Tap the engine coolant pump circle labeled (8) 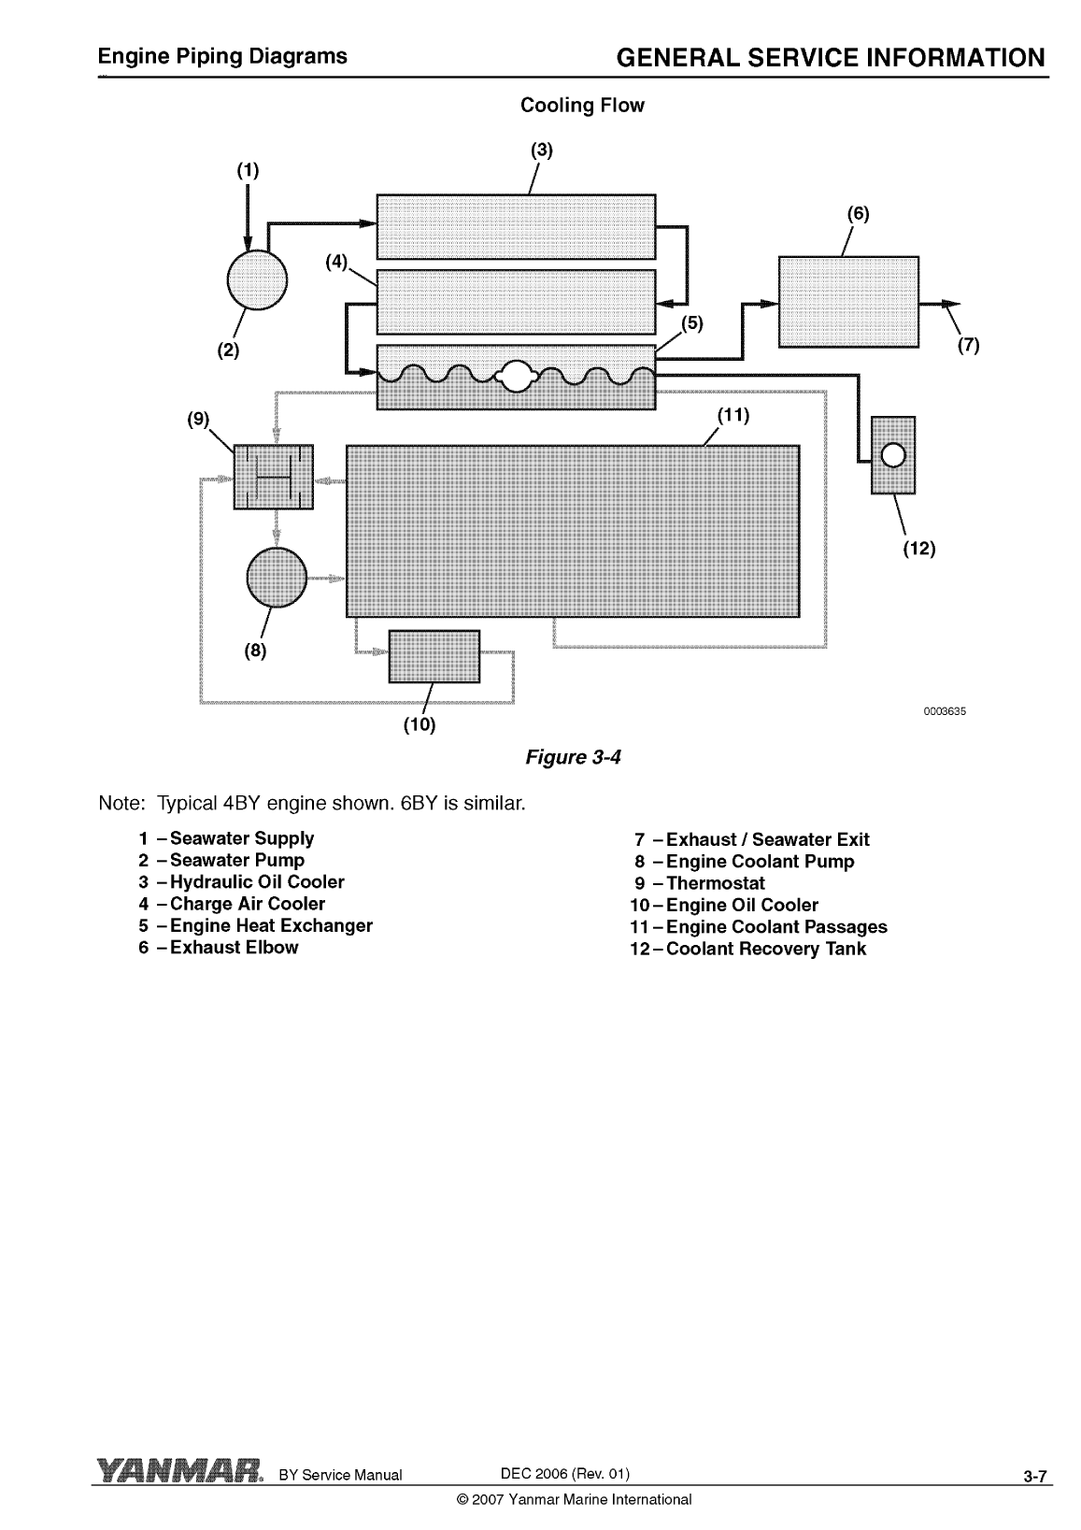277,577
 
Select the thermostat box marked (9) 273,477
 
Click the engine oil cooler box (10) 434,656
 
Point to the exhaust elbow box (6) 848,301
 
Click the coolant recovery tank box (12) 893,455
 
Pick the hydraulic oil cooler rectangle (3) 516,226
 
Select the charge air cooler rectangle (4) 516,301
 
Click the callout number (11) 733,415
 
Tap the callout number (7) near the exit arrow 969,345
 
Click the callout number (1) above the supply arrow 248,170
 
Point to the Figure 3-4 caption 574,756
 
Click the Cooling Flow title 582,106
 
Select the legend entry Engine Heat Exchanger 271,925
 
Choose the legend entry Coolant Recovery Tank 766,949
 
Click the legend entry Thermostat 716,883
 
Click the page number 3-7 1035,1477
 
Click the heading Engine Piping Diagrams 223,56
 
